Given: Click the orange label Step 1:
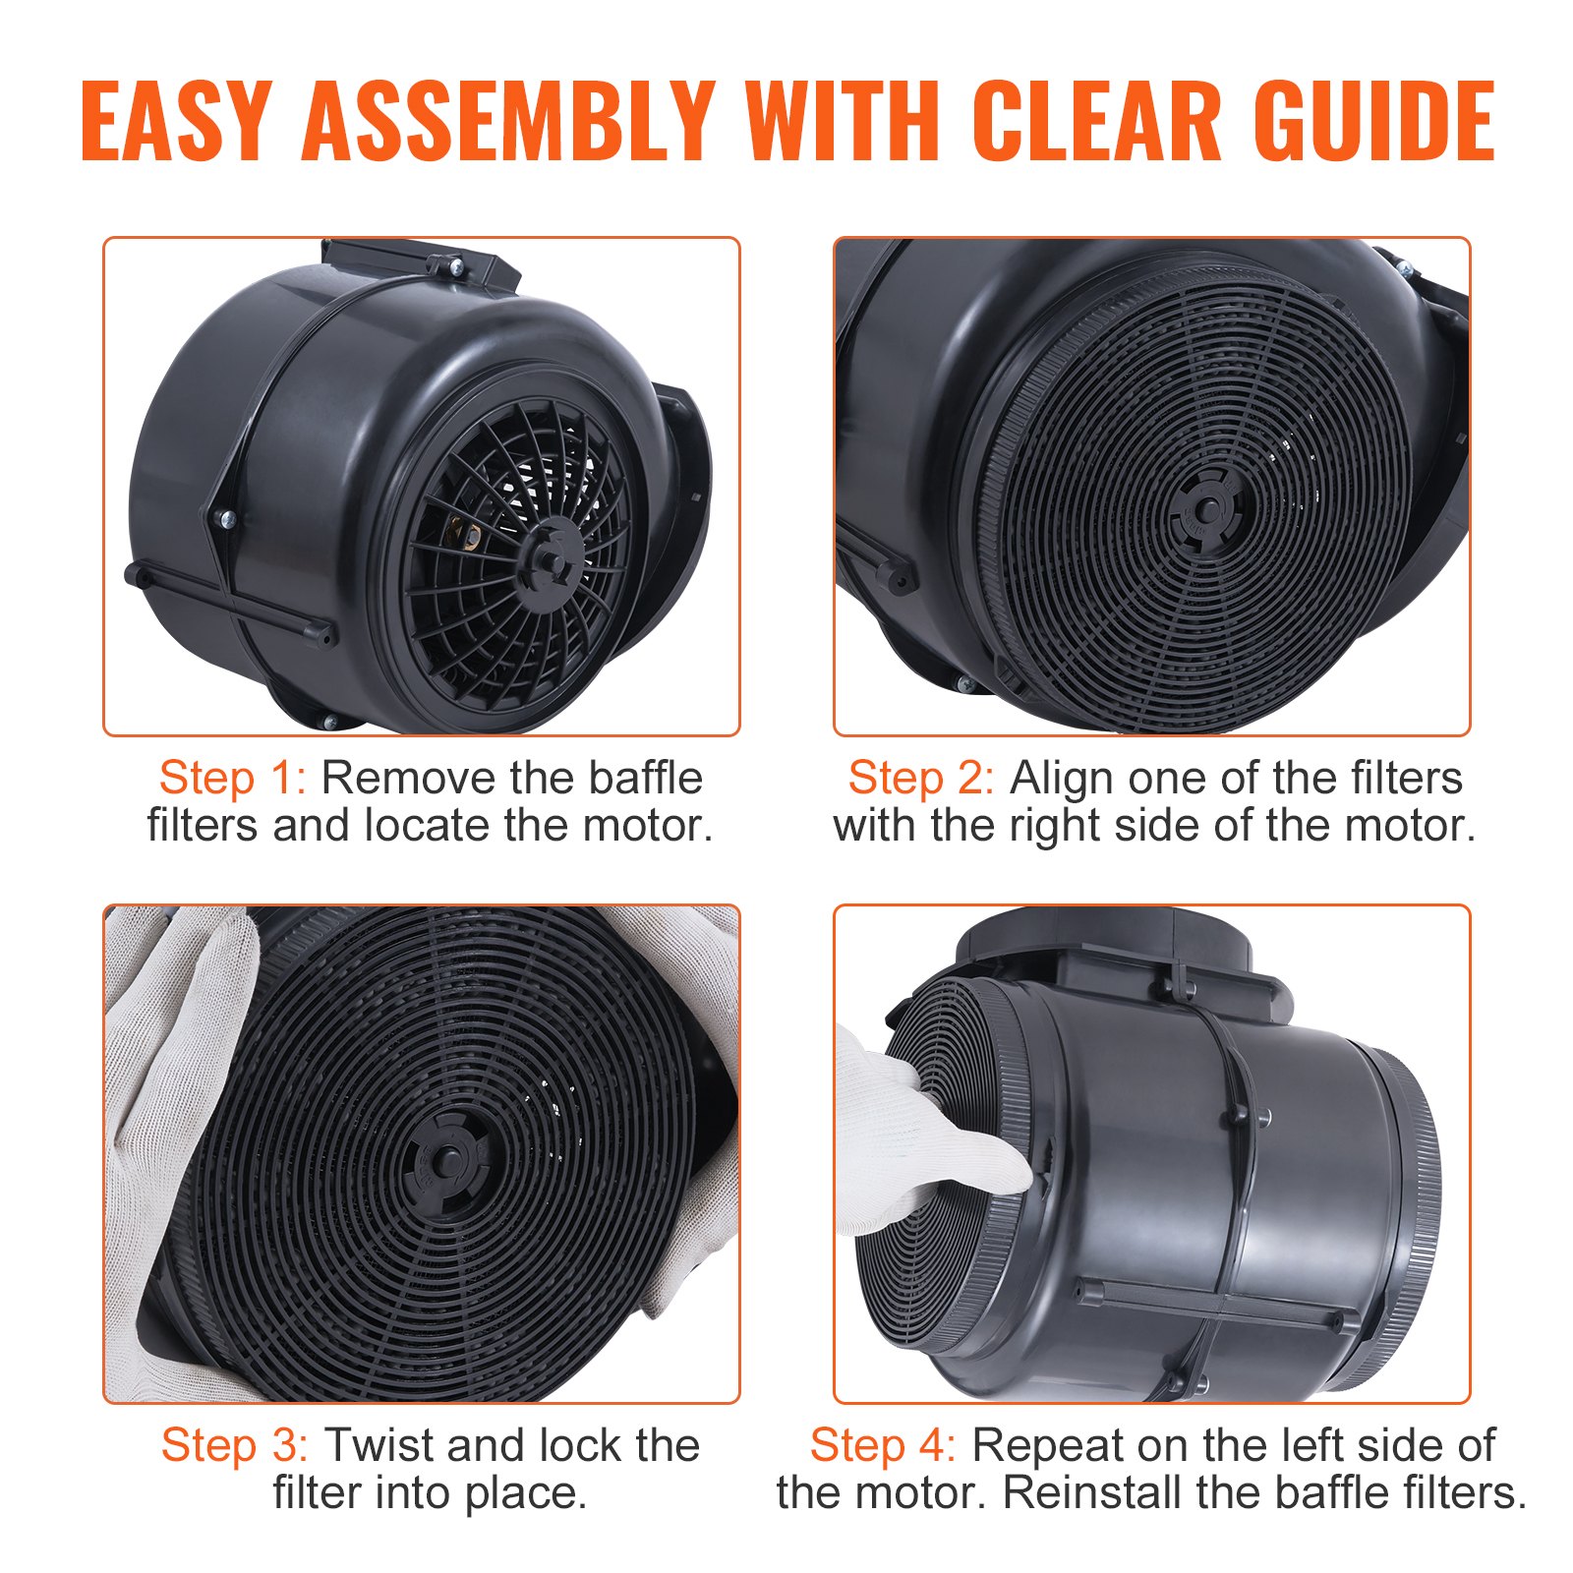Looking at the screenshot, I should tap(233, 779).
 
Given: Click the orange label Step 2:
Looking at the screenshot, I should tap(921, 779).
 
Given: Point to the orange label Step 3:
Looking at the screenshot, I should tap(235, 1446).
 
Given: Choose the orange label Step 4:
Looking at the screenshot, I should tap(883, 1446).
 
